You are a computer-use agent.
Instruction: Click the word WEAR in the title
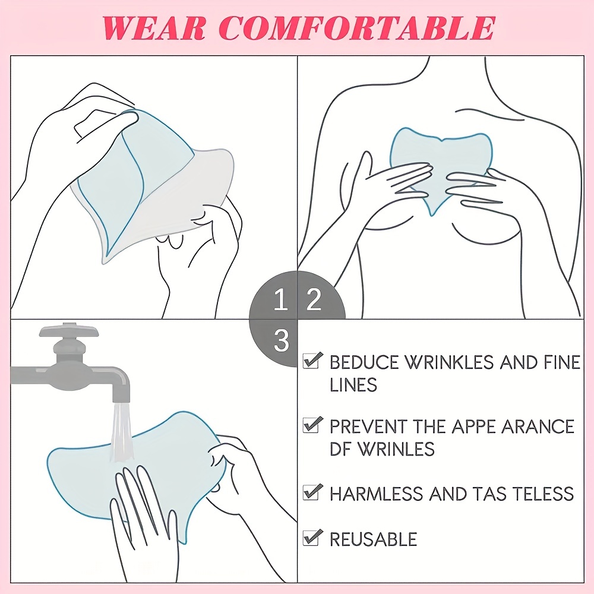tap(155, 27)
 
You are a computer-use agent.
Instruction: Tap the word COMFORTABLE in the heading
tap(356, 27)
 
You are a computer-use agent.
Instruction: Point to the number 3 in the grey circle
tap(282, 341)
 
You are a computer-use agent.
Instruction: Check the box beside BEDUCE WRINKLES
tap(312, 360)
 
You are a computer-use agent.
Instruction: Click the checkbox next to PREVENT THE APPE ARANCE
tap(312, 425)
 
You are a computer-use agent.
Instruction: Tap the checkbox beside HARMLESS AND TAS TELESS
tap(312, 492)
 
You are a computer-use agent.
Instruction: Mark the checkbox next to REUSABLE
tap(312, 538)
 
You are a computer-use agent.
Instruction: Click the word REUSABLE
tap(374, 539)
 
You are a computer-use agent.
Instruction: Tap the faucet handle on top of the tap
tap(69, 331)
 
